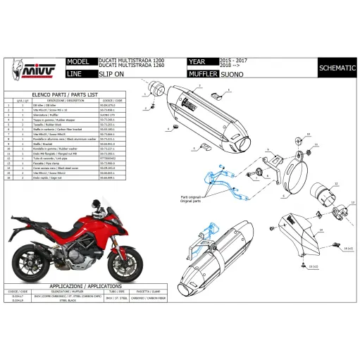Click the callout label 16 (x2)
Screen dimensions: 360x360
coord(347,249)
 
